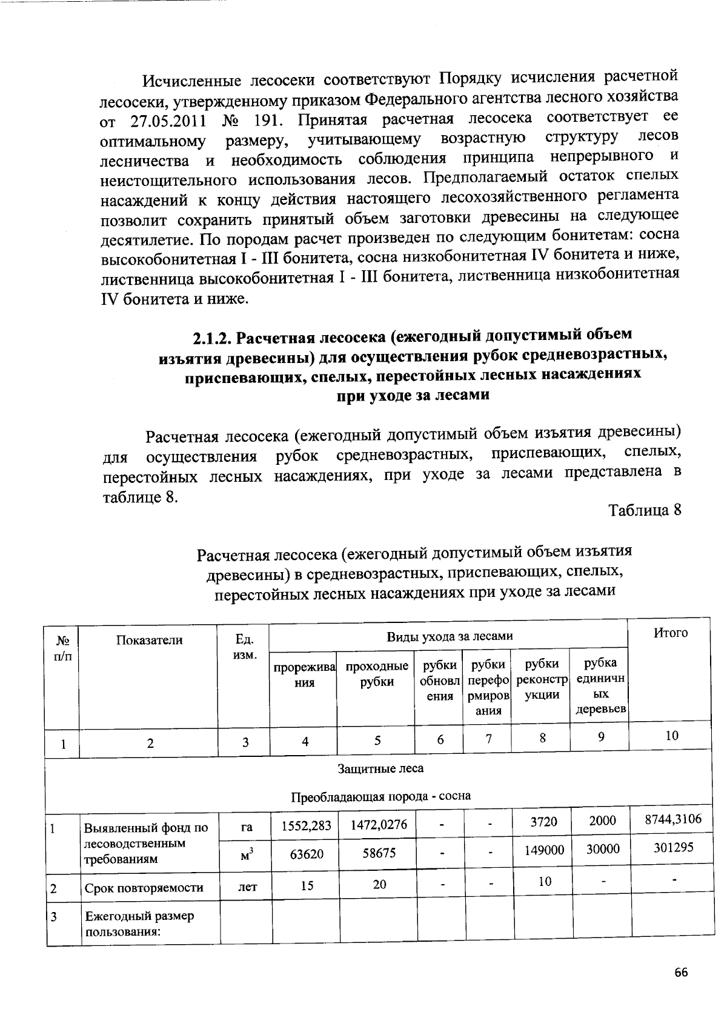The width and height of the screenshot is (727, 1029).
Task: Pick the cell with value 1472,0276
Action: [377, 824]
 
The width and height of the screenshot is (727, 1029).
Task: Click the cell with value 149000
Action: [543, 850]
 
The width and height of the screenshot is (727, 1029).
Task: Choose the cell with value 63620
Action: [307, 854]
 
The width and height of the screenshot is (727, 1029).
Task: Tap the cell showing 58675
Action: [379, 853]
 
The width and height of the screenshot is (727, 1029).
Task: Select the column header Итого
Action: [671, 633]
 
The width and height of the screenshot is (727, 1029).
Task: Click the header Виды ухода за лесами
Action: [450, 636]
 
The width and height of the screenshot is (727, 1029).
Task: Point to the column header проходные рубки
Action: [377, 674]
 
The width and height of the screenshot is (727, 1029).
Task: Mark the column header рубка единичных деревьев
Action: [600, 686]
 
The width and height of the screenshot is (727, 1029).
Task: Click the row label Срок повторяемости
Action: [144, 888]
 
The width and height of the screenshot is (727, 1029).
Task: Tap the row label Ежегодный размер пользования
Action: [139, 923]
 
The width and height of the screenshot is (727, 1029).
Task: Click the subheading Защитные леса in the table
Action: [380, 768]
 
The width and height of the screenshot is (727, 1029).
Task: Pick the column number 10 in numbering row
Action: [672, 736]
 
